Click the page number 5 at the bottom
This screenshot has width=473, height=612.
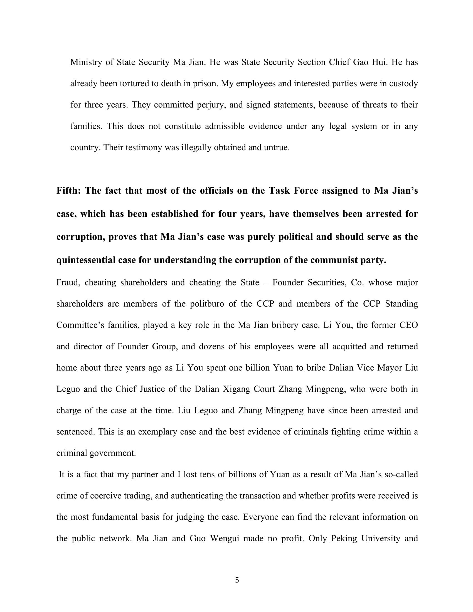click(237, 580)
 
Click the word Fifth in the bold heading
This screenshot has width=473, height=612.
click(69, 191)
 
